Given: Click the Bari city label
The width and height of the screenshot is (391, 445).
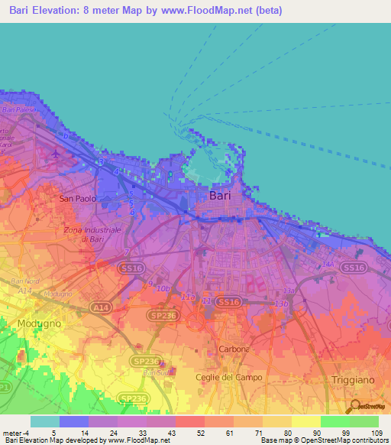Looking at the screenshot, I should [x=219, y=196].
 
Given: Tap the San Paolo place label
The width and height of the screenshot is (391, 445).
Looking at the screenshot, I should [x=78, y=199].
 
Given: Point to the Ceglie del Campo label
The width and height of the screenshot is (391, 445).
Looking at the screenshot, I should [x=228, y=377].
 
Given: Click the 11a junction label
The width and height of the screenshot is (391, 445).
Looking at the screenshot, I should [x=189, y=296].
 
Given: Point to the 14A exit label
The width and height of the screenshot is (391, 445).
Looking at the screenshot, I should [x=328, y=264].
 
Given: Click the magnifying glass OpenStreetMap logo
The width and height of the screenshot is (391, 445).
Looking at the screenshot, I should [x=354, y=406].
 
